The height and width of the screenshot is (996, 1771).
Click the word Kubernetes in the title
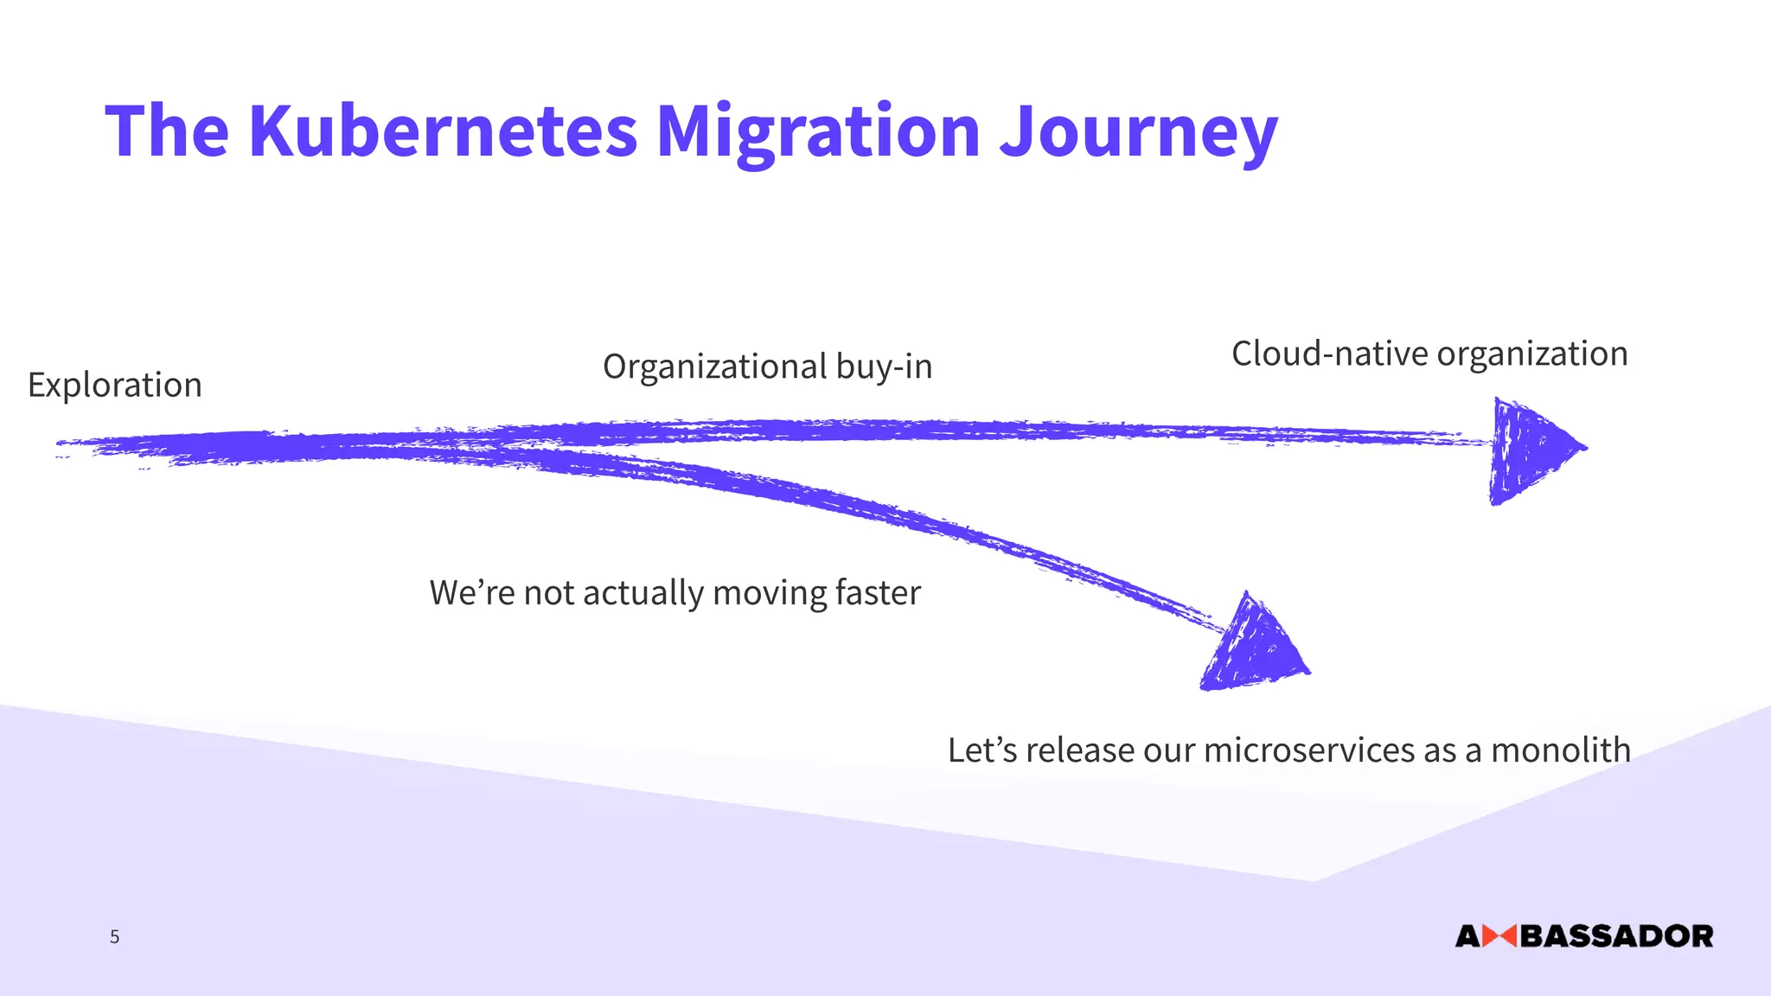coord(442,131)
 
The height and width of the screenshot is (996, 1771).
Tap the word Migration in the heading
coord(817,131)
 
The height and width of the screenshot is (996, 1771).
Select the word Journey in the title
coord(1138,131)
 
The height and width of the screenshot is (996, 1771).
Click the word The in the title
coord(167,131)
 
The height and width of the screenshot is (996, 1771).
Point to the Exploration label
coord(115,385)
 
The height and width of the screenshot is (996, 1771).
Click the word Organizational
coord(714,367)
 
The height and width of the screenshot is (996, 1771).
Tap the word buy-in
coord(884,367)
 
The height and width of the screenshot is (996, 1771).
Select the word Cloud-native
coord(1329,354)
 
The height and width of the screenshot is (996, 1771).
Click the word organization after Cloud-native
coord(1532,354)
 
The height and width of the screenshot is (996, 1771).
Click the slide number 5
coord(114,936)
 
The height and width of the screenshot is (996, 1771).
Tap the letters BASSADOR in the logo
coord(1616,936)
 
